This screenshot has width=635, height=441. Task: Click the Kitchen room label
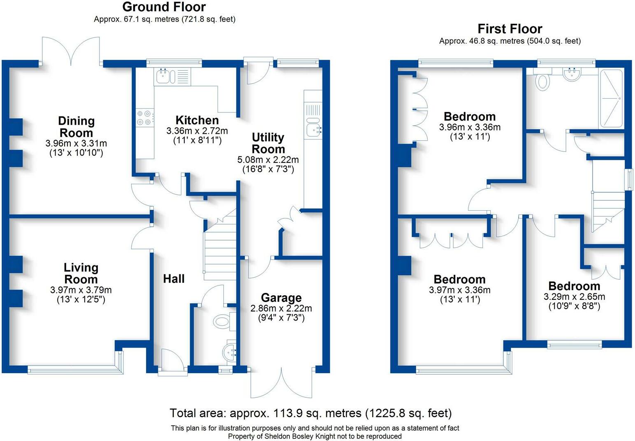(x=197, y=120)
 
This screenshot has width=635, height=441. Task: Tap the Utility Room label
(x=268, y=143)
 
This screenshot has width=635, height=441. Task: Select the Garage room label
(x=281, y=298)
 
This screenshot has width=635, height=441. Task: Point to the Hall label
(x=174, y=279)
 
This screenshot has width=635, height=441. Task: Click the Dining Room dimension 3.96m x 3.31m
(x=76, y=143)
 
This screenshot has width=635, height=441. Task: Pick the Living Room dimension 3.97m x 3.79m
(x=81, y=290)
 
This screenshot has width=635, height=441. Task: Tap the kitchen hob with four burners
(x=145, y=118)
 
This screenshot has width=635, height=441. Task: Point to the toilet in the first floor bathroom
(x=542, y=80)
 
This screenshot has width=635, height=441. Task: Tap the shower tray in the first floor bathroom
(x=612, y=98)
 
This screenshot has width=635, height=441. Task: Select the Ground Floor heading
(x=164, y=7)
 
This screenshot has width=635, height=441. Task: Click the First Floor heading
(x=510, y=29)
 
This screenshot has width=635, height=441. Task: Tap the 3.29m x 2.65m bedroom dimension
(x=574, y=297)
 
